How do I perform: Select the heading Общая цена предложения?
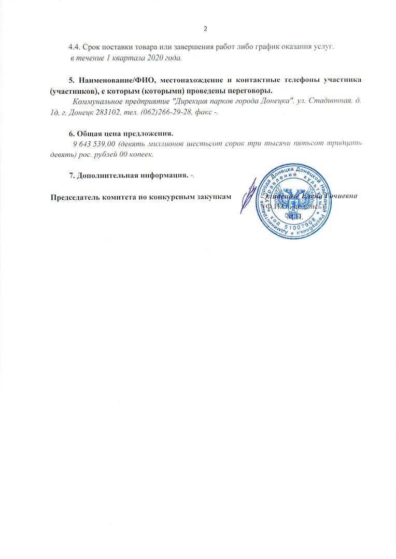point(124,133)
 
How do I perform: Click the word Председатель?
point(75,198)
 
